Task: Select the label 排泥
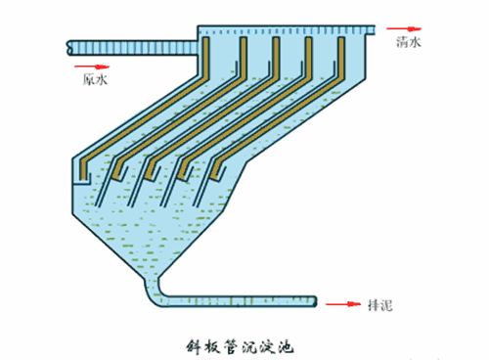[382, 306]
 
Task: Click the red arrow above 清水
[400, 30]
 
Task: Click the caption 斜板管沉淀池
[240, 345]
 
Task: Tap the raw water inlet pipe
[127, 44]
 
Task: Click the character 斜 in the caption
[193, 345]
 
